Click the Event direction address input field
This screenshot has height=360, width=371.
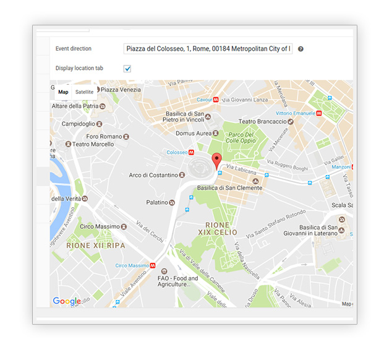[208, 48]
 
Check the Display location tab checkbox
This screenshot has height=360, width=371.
[127, 69]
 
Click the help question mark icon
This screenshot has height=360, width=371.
[301, 49]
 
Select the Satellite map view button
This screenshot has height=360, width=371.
[85, 92]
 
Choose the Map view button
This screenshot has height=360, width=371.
[63, 92]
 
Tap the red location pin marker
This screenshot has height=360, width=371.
[216, 161]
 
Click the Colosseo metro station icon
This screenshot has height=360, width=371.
[192, 152]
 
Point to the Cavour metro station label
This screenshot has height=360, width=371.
[204, 99]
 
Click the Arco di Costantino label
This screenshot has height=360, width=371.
[153, 175]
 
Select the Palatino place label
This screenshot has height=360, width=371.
[156, 202]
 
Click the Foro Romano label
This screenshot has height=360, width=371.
[104, 136]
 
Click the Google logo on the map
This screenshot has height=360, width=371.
[66, 301]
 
